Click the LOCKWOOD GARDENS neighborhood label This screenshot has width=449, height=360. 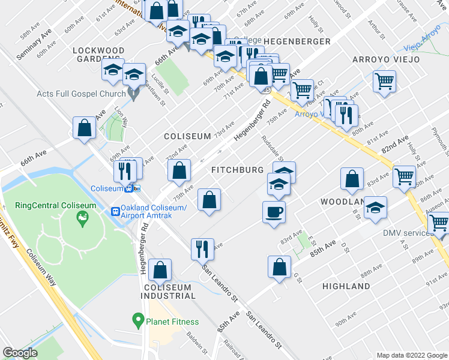98,56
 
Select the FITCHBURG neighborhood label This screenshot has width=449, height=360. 237,170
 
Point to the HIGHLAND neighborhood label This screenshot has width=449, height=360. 346,286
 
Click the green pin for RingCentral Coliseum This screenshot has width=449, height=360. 83,221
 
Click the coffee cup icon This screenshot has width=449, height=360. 274,212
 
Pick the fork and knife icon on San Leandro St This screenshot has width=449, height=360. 202,248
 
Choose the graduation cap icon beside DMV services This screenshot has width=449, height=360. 376,207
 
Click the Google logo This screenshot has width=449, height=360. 20,353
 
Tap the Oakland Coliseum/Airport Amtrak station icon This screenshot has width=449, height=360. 116,211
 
